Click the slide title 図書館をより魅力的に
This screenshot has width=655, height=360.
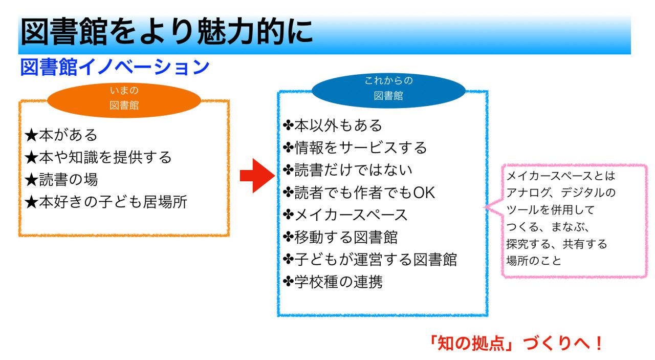point(166,32)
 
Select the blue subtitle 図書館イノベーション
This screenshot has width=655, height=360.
point(115,68)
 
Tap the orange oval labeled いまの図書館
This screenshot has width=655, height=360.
point(124,99)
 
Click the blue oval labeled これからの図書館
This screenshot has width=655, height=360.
point(388,89)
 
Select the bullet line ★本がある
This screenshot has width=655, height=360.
point(61,135)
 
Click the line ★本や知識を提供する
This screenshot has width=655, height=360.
point(98,157)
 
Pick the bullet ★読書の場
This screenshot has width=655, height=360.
point(61,180)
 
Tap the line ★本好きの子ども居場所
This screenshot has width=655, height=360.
point(106,202)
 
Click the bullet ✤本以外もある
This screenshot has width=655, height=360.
point(333,125)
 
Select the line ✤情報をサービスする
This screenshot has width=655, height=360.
point(355,147)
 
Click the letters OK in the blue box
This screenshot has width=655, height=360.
point(424,193)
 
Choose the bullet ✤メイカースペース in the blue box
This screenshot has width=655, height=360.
point(345,215)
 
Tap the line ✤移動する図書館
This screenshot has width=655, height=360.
point(340,237)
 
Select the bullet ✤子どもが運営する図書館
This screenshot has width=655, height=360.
point(369,260)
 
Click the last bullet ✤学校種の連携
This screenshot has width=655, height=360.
point(333,282)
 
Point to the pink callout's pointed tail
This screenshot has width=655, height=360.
point(486,207)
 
